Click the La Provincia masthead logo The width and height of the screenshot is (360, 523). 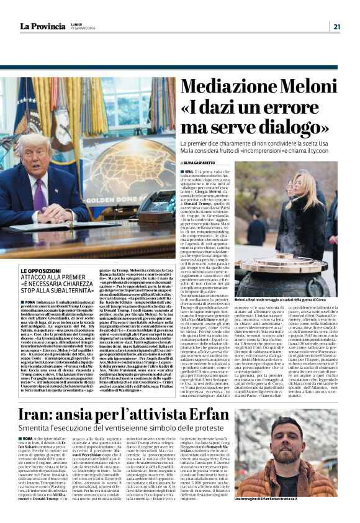[41, 26]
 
